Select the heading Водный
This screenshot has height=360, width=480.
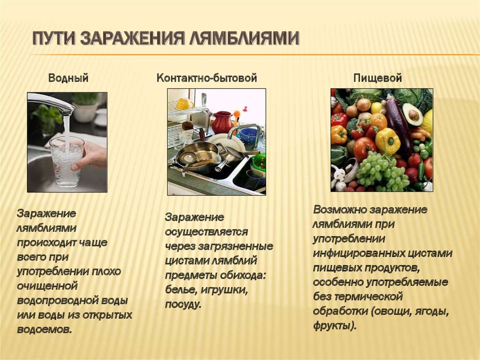pos(68,78)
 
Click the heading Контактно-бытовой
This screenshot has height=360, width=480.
pos(207,78)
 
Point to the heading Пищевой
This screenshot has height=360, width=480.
pos(377,78)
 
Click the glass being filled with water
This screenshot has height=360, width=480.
pos(67,161)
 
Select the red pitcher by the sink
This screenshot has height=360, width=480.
pos(223,122)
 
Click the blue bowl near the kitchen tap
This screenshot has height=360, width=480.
pos(249,136)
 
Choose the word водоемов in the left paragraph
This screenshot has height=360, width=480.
pos(45,329)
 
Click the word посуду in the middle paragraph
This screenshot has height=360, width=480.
pos(183,305)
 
